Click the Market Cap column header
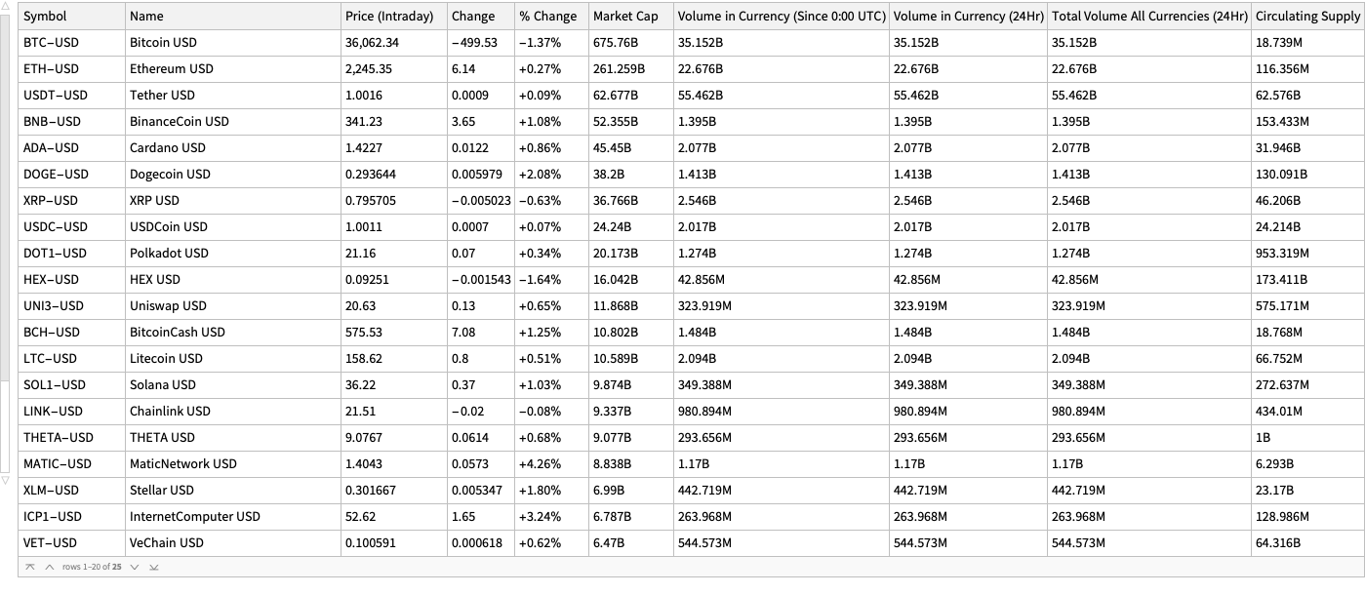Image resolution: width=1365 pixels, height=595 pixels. (625, 17)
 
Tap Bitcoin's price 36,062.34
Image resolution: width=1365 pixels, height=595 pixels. (372, 43)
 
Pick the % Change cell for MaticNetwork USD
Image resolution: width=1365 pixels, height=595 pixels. (540, 464)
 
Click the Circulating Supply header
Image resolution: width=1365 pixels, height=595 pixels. (1306, 17)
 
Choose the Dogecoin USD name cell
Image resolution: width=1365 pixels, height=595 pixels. (170, 175)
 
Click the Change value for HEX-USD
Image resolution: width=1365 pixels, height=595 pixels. (481, 280)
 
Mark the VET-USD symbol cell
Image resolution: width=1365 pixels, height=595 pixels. (50, 543)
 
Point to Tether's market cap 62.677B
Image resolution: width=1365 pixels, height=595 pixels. (616, 96)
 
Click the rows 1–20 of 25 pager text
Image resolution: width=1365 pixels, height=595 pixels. (92, 567)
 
